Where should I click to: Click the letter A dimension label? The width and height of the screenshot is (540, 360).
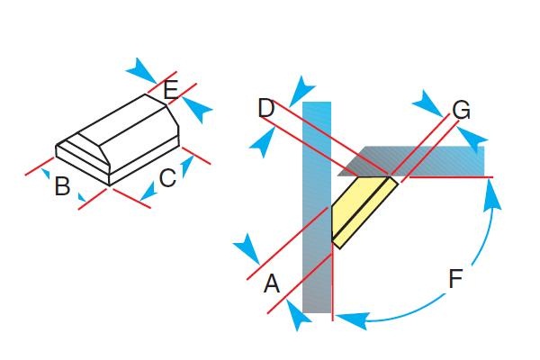272,283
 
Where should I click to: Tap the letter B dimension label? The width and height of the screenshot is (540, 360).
62,186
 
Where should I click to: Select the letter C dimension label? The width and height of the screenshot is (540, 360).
167,178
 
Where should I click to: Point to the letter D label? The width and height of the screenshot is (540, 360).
266,108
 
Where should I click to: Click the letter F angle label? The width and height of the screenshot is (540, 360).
455,278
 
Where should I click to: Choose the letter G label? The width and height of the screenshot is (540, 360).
461,110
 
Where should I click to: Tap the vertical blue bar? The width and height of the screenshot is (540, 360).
317,207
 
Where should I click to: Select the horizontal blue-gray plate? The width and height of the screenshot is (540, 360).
411,161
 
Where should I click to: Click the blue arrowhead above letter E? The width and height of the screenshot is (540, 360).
141,70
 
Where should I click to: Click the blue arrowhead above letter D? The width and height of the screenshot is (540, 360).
301,91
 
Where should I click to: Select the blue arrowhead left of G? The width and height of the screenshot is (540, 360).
427,103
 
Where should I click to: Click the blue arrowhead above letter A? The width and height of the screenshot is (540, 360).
247,249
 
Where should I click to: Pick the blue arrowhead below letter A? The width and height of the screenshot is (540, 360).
299,315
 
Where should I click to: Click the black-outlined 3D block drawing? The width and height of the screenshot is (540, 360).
117,139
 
